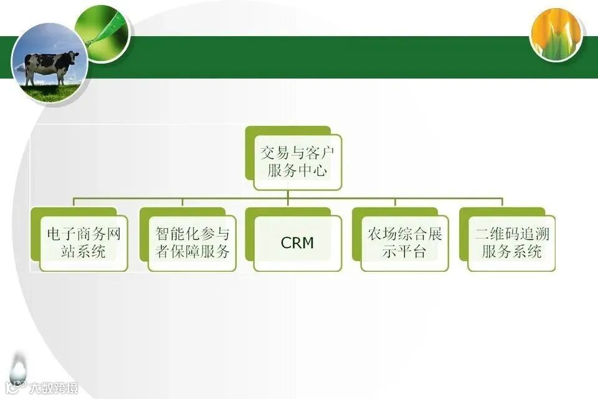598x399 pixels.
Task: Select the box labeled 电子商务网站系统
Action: (x=83, y=243)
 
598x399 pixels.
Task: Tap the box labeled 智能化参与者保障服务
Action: (x=192, y=243)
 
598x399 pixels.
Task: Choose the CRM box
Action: (x=297, y=243)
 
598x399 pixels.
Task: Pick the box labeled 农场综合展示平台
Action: (x=404, y=243)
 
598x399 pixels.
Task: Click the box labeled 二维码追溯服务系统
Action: (x=511, y=243)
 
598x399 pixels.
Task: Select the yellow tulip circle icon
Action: (x=556, y=35)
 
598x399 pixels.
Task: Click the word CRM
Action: (x=297, y=243)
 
